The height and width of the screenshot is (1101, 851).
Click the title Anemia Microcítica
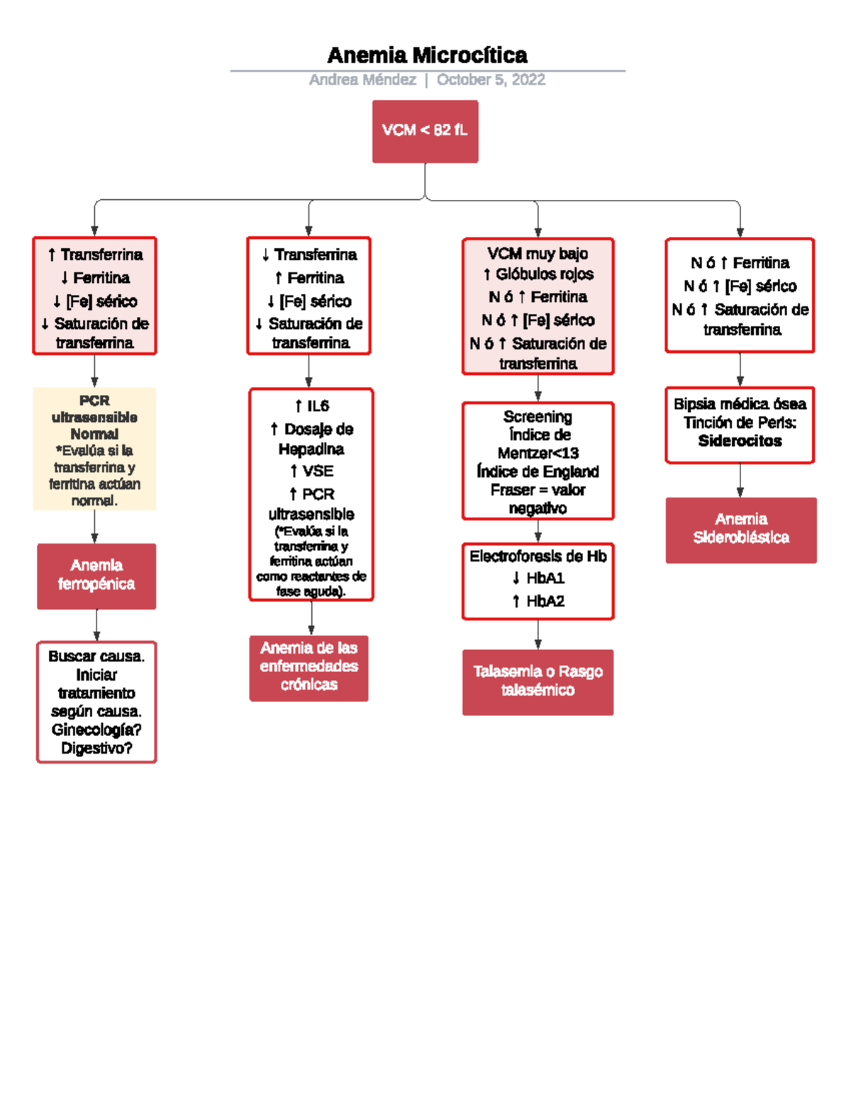click(x=427, y=55)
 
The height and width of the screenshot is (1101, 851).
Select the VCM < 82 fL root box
click(x=425, y=131)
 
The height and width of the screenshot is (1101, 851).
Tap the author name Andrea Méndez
click(x=362, y=79)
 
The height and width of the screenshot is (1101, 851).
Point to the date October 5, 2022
click(x=491, y=79)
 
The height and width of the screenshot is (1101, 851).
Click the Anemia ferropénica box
click(x=96, y=576)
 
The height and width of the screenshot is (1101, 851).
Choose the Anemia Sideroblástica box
click(x=740, y=530)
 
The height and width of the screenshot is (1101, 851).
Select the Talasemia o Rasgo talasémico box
click(x=538, y=681)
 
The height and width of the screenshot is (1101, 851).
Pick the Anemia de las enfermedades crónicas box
click(x=308, y=667)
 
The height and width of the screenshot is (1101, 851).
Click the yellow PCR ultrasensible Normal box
click(x=94, y=448)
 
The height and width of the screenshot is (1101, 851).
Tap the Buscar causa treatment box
click(x=96, y=702)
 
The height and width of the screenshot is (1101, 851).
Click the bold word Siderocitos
click(x=740, y=441)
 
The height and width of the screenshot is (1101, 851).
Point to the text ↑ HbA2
click(x=538, y=601)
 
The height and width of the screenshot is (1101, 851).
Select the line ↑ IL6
click(x=311, y=406)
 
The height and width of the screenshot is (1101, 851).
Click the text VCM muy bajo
click(x=538, y=253)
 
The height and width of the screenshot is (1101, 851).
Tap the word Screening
click(x=538, y=416)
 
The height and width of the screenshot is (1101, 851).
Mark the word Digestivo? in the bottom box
click(x=96, y=748)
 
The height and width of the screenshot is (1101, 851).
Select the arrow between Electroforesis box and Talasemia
click(x=538, y=635)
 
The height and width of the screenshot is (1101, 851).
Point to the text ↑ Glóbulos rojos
click(x=538, y=274)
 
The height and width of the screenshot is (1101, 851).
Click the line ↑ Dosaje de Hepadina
click(x=311, y=439)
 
